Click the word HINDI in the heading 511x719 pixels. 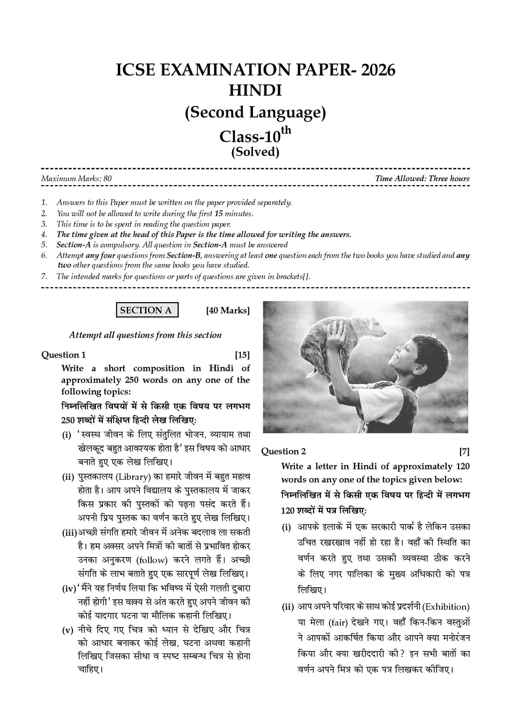coord(255,91)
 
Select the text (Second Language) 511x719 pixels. coord(255,113)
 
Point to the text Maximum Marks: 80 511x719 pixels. coord(69,179)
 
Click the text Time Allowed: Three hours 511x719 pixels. coord(422,179)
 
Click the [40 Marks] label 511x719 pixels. coord(228,311)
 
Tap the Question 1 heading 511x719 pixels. coord(63,355)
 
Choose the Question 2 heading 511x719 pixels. coord(283,451)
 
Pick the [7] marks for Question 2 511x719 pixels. coord(464,451)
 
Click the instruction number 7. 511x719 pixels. coord(44,277)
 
